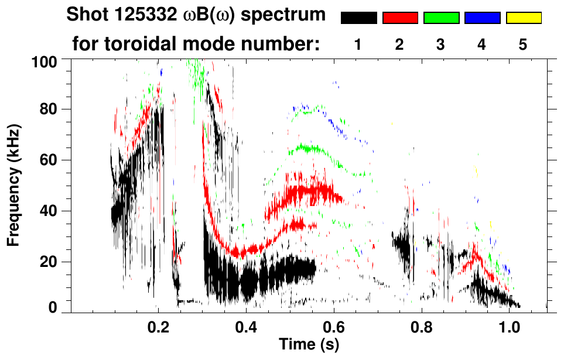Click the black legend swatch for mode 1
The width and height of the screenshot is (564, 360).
358,18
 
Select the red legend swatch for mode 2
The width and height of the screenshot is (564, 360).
400,18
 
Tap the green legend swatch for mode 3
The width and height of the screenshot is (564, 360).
441,18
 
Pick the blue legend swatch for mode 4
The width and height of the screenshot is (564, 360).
482,18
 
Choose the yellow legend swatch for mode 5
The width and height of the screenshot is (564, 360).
524,18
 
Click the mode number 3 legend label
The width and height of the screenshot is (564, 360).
441,44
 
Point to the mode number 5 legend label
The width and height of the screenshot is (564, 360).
524,44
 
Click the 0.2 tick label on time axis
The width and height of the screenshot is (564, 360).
158,326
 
